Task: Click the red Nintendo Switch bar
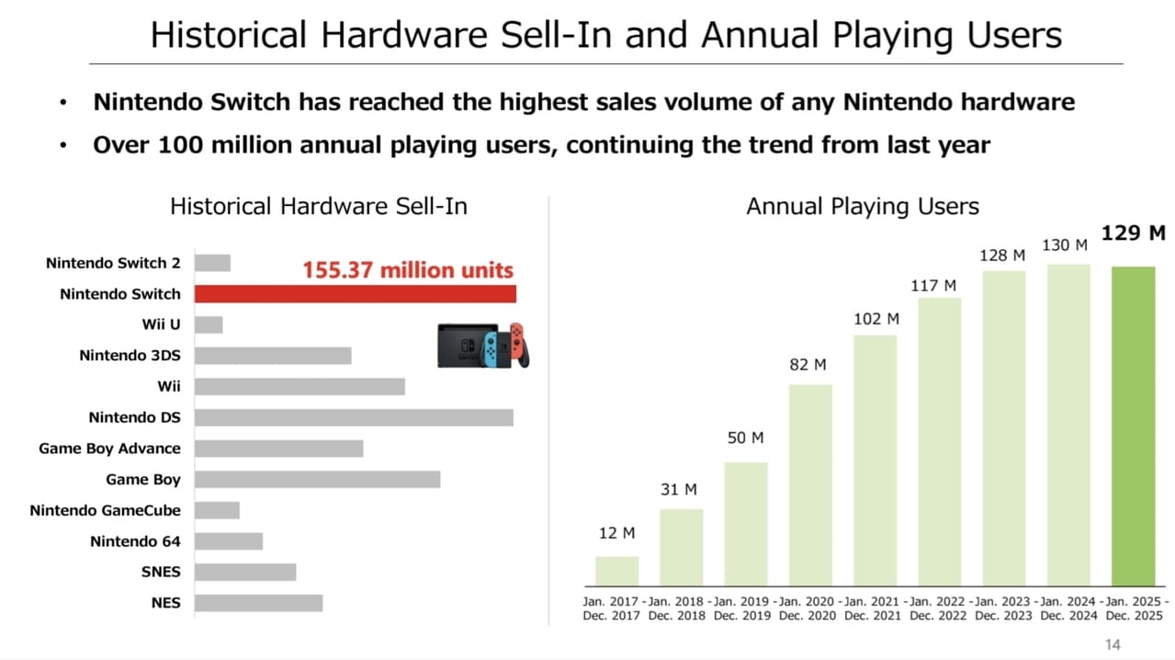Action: (x=355, y=294)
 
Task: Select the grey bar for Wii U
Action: (x=209, y=324)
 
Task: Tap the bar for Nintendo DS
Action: (x=354, y=417)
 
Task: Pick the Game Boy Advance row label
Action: (x=109, y=449)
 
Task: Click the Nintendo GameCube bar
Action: (x=217, y=510)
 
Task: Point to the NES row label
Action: (x=165, y=603)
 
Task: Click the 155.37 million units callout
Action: (x=409, y=270)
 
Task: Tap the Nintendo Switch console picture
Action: (x=482, y=346)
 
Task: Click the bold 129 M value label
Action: (x=1133, y=233)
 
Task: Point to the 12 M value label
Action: (x=616, y=533)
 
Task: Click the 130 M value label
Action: (x=1065, y=245)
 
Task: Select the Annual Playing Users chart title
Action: (x=862, y=206)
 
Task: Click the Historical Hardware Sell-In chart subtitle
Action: (x=318, y=206)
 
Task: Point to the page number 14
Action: (x=1112, y=644)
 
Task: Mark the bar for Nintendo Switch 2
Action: (x=212, y=263)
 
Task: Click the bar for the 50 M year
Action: (x=746, y=523)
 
